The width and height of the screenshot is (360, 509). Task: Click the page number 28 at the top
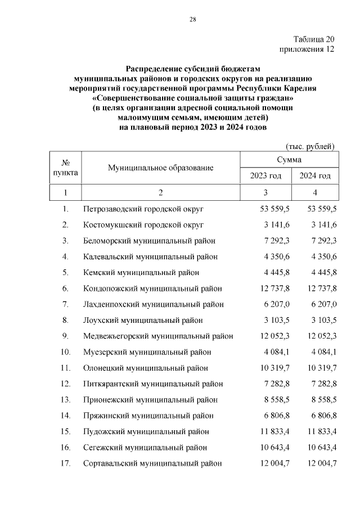click(x=192, y=20)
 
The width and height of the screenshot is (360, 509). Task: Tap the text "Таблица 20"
click(x=314, y=39)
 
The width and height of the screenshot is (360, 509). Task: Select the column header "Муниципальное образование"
click(x=161, y=168)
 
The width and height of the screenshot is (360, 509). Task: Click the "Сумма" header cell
click(x=289, y=160)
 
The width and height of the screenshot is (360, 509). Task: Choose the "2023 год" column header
click(x=265, y=176)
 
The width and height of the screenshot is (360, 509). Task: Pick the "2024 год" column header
click(x=315, y=176)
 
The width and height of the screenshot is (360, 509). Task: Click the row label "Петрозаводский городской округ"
click(x=143, y=209)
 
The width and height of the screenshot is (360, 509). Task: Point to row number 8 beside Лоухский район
click(x=65, y=321)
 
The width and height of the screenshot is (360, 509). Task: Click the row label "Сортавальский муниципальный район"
click(x=152, y=463)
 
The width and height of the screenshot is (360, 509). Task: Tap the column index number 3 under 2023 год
click(x=265, y=193)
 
